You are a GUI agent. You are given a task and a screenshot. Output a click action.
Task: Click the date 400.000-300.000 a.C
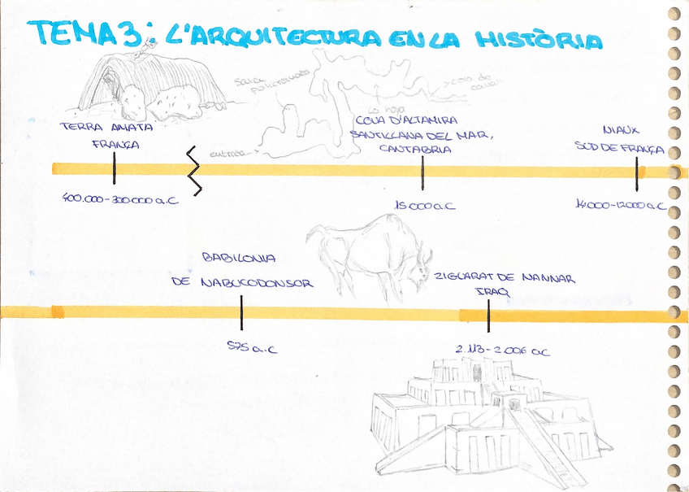point(119,198)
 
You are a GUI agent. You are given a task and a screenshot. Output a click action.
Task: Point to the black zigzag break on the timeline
point(193,168)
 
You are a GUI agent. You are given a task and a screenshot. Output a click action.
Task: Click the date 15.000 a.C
point(425,206)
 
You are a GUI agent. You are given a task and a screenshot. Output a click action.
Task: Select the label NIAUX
point(622,129)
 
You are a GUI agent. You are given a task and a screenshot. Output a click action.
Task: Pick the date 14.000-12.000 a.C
point(620,206)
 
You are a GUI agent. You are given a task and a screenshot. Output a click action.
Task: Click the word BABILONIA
point(238,258)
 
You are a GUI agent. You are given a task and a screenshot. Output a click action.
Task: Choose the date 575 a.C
point(252,349)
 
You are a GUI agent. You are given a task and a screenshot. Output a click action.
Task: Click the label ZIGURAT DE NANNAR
point(504,279)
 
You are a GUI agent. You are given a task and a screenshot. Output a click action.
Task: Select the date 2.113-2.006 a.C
point(503,350)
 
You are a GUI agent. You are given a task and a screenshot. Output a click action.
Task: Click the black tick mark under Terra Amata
point(114,168)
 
